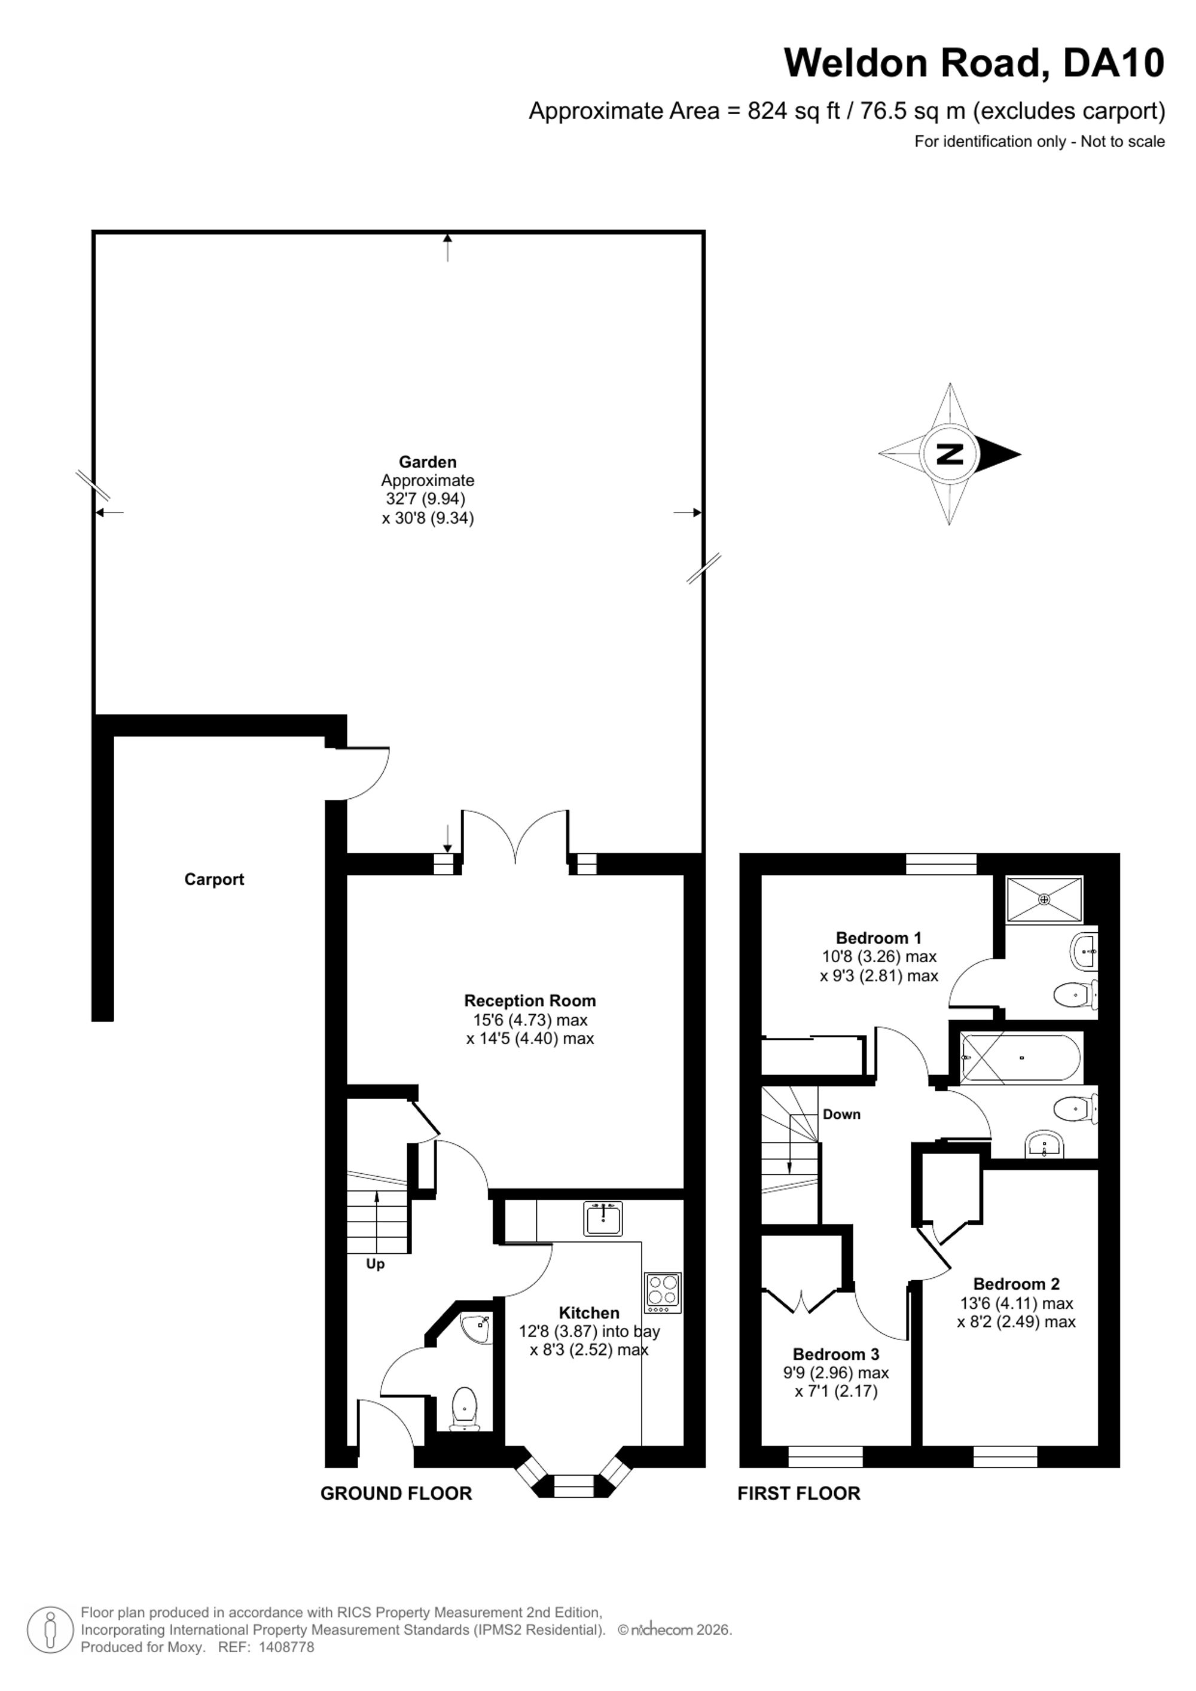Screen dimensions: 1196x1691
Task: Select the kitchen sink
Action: (x=603, y=1217)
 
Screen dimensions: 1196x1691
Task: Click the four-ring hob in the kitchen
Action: (x=663, y=1293)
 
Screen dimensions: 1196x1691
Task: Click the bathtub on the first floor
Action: (x=1021, y=1058)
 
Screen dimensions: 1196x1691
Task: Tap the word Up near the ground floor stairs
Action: (x=375, y=1265)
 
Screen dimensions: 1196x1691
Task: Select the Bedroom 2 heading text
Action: (x=1017, y=1284)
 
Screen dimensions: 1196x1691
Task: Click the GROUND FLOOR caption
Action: (x=396, y=1494)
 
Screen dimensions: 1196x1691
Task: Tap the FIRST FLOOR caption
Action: (x=799, y=1494)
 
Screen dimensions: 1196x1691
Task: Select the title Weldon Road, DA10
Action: (x=974, y=63)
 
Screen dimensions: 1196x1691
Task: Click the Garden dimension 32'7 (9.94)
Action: (x=426, y=499)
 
